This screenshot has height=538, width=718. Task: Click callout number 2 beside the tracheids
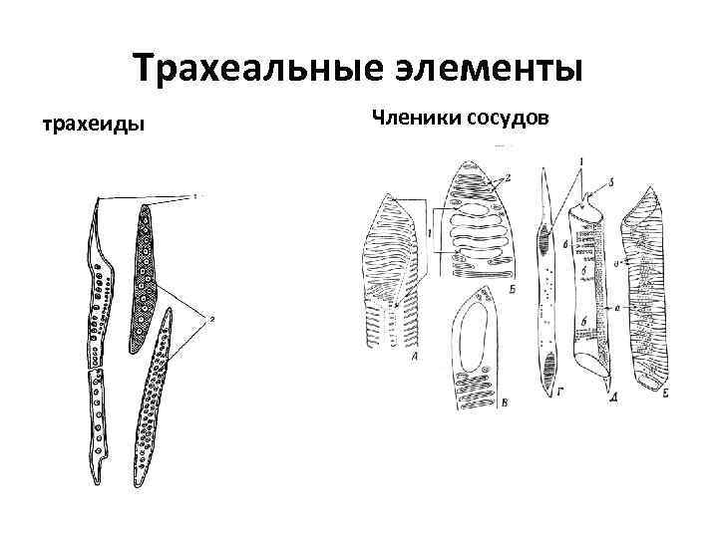(210, 317)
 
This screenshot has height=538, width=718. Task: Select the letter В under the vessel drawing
(478, 403)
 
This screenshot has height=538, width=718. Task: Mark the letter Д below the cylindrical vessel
(609, 398)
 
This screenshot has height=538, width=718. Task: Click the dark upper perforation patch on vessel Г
(545, 239)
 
